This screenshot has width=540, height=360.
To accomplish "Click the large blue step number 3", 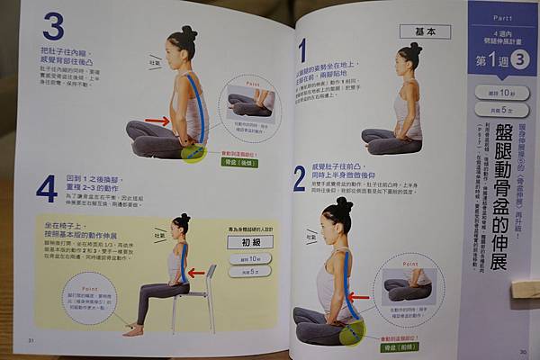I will [x=52, y=27].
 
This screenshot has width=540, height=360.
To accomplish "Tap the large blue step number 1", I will [x=302, y=49].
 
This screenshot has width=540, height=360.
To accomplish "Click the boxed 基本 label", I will [x=419, y=30].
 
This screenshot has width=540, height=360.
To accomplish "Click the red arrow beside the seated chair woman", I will [x=195, y=273].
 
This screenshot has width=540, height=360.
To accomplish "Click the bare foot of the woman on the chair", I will [x=134, y=330].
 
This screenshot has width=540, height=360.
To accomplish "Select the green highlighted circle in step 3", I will [x=193, y=153].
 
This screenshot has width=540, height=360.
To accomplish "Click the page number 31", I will [x=31, y=339].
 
